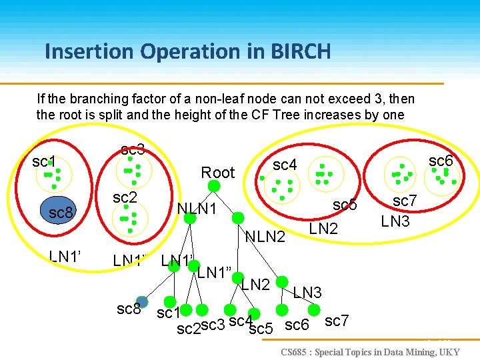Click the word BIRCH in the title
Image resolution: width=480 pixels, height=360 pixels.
click(x=297, y=51)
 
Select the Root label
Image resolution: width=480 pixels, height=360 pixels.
click(x=218, y=173)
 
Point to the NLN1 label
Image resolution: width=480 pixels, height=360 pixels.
click(x=197, y=209)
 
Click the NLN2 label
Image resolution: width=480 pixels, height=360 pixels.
click(x=265, y=236)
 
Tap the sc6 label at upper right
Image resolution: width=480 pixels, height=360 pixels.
click(x=441, y=161)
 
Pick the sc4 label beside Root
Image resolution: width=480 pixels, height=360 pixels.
click(x=285, y=164)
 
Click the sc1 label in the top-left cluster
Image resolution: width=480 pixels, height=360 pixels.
click(x=44, y=161)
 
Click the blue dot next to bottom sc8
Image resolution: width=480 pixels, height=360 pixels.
click(x=141, y=301)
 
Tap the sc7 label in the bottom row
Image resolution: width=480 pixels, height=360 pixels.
click(x=337, y=321)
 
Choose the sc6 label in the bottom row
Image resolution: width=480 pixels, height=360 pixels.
click(x=297, y=325)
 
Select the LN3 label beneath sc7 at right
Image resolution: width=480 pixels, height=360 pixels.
click(x=395, y=221)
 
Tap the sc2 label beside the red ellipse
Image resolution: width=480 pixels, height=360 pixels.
click(x=125, y=197)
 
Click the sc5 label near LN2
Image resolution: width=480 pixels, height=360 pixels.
click(x=345, y=205)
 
